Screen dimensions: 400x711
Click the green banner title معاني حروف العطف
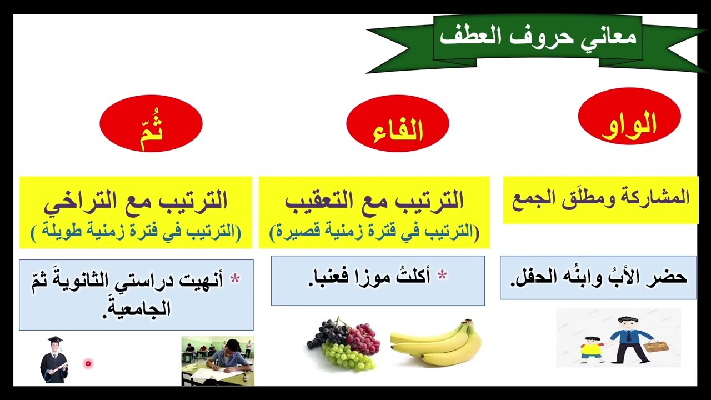(538, 38)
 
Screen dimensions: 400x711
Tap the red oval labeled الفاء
(397, 128)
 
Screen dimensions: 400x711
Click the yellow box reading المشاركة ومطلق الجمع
(600, 199)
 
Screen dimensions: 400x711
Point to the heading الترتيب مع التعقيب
(374, 201)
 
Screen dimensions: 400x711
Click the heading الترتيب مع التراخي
(136, 201)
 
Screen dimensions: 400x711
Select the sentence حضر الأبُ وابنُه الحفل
(598, 277)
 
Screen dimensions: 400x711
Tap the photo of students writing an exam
(218, 361)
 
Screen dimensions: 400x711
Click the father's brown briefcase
(654, 346)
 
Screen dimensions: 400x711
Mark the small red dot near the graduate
(88, 363)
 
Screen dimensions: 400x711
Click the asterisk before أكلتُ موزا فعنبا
(442, 275)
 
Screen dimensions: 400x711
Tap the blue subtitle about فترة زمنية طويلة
(136, 232)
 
